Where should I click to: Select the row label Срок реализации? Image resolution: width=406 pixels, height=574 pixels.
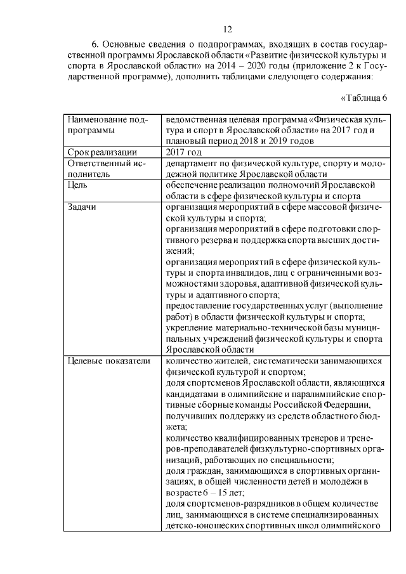pyautogui.click(x=102, y=152)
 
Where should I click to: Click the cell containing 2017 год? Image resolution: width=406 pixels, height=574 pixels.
pyautogui.click(x=183, y=152)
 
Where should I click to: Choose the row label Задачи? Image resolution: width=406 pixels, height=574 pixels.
pyautogui.click(x=82, y=207)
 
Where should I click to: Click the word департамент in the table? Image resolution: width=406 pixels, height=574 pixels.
pyautogui.click(x=191, y=163)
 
